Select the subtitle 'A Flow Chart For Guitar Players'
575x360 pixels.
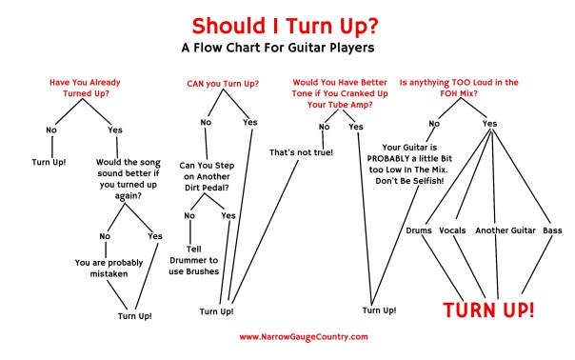click(x=288, y=46)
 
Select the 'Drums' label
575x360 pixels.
click(x=419, y=230)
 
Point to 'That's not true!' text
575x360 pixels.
click(x=301, y=153)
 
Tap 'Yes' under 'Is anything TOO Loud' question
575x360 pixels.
click(x=489, y=124)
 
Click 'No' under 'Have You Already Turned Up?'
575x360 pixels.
click(x=50, y=130)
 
